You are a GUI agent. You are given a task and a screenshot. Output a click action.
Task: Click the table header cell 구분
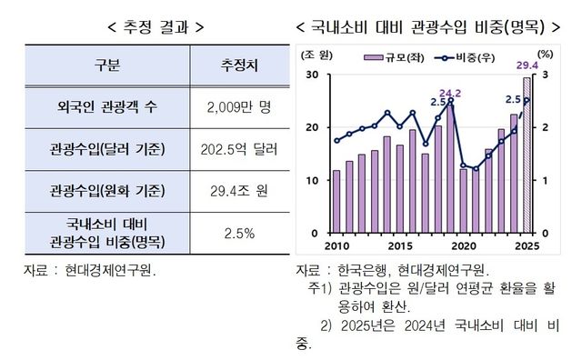tap(106, 66)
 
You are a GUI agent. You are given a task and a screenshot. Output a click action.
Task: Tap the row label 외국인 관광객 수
tap(106, 107)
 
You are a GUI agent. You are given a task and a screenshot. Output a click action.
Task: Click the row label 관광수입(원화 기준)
tap(106, 190)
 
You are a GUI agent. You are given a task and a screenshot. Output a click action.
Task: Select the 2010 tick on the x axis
tap(336, 245)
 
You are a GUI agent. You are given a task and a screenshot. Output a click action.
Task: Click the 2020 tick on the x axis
tap(464, 245)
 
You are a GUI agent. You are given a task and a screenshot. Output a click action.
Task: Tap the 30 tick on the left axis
tap(313, 75)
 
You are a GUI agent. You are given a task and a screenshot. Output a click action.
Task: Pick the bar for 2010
tap(336, 202)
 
